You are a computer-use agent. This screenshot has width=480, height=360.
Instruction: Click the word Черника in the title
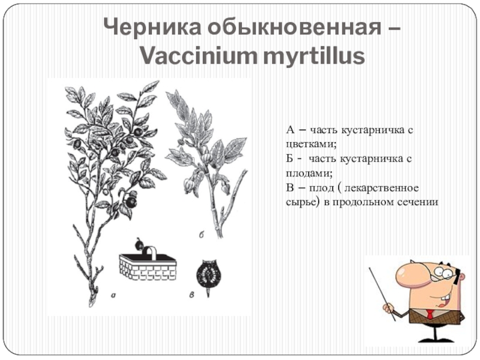click(152, 27)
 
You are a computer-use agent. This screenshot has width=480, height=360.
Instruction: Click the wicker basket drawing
click(148, 264)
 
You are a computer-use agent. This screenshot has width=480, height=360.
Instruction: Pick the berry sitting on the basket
click(139, 244)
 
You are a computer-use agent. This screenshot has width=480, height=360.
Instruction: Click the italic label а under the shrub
click(113, 295)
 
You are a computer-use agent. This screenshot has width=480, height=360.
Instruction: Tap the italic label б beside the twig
click(201, 235)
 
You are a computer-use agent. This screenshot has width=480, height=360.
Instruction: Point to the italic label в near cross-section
click(192, 295)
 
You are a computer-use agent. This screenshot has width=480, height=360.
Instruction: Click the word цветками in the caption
click(311, 144)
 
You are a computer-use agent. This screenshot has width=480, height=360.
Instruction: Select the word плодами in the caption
click(309, 173)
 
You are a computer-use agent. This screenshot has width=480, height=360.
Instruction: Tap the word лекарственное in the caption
click(382, 187)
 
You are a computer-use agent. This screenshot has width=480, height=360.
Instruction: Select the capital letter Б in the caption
click(290, 158)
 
